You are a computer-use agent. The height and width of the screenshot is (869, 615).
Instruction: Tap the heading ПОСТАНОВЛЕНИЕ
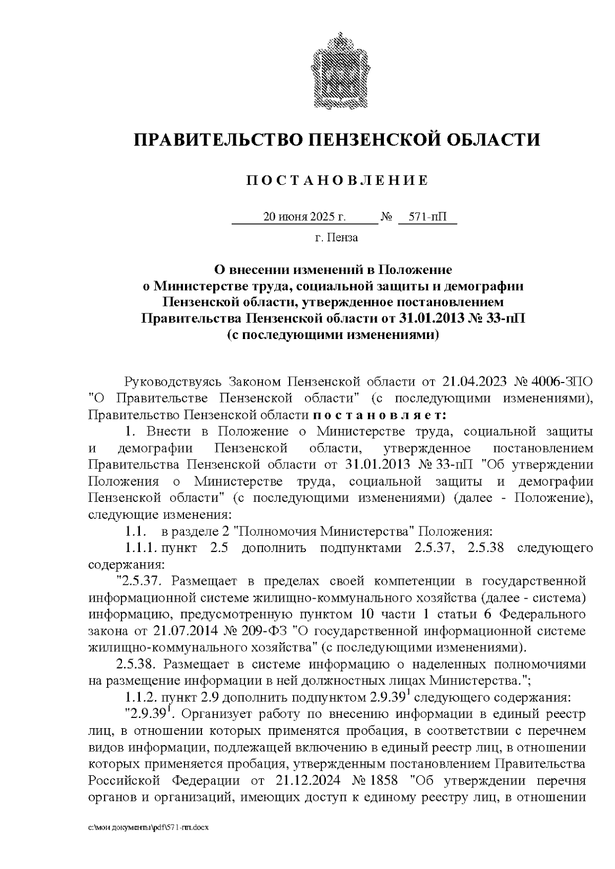(337, 180)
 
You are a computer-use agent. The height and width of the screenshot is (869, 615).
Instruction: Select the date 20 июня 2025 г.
(304, 217)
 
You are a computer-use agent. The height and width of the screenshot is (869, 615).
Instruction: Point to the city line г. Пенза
(336, 238)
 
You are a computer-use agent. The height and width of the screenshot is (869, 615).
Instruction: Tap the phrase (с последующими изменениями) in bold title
(333, 335)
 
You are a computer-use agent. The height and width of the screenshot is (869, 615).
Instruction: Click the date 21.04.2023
(470, 381)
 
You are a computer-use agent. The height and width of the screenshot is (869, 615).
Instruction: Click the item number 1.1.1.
(140, 548)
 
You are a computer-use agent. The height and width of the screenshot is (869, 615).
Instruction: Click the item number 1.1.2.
(140, 697)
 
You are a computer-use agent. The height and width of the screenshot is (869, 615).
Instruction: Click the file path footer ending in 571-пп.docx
(149, 828)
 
